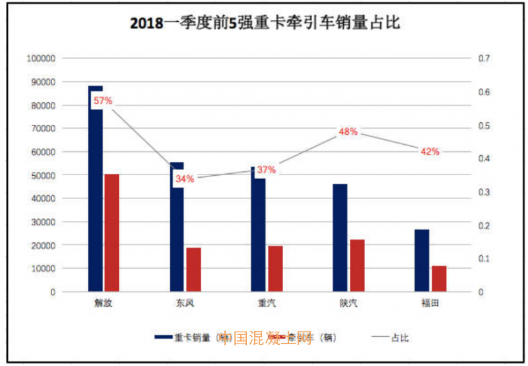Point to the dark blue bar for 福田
coord(422,260)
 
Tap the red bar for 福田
coord(438,278)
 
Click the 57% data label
coord(103,101)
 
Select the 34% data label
coord(185,178)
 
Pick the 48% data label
coord(348,131)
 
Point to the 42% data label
coord(429,151)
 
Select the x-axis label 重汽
coord(266,305)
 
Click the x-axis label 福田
coord(430,305)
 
